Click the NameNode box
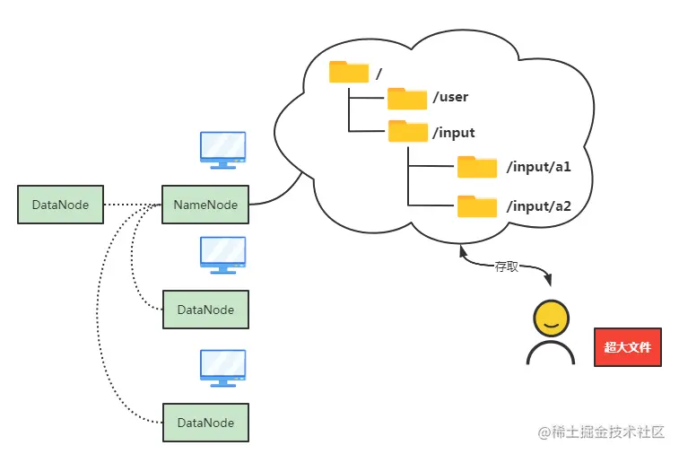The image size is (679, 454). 205,205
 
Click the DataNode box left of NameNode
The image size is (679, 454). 60,205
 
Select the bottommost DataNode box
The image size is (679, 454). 205,423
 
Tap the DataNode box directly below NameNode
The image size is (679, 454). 205,310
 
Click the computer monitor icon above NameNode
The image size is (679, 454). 222,150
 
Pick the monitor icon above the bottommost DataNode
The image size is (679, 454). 222,368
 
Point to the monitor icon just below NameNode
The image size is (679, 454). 222,254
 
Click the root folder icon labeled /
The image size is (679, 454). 349,72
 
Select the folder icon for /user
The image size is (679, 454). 407,98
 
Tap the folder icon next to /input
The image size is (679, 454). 407,132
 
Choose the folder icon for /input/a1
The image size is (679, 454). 477,167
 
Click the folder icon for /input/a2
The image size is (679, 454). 477,206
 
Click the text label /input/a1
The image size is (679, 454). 538,168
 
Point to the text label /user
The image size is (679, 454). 450,97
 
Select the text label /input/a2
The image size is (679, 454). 538,206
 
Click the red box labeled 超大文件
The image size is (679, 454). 627,346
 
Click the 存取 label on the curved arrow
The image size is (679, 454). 507,266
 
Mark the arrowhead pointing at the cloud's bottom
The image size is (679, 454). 464,251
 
